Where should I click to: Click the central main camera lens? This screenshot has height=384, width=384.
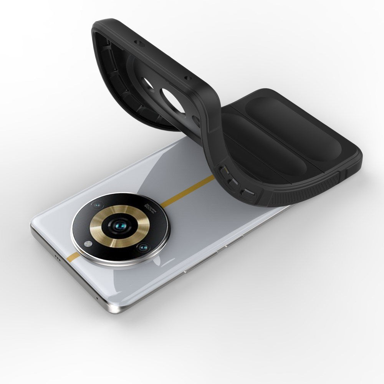(x=120, y=227)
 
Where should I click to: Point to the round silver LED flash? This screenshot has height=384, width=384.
(x=89, y=243)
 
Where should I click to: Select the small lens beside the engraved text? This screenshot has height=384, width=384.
(x=98, y=204)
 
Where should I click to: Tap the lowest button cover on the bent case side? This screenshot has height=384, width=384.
(x=248, y=194)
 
